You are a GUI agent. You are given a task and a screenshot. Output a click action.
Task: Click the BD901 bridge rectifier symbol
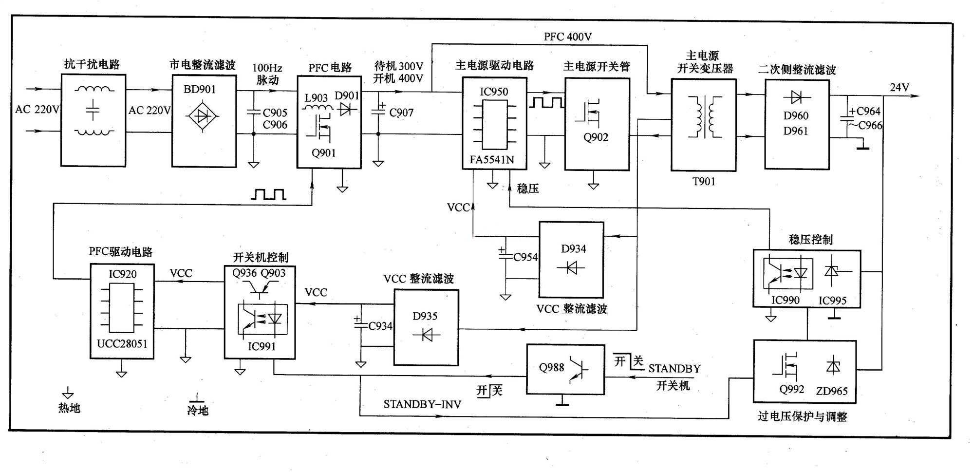pyautogui.click(x=203, y=116)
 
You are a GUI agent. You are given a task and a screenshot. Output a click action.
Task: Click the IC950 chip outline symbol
pyautogui.click(x=494, y=125)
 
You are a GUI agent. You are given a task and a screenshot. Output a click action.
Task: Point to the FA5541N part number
pyautogui.click(x=492, y=160)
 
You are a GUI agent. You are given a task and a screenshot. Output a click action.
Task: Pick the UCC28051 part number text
pyautogui.click(x=122, y=343)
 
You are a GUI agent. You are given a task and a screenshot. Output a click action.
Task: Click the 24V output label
pyautogui.click(x=899, y=88)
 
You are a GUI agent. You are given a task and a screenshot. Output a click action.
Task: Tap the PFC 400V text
pyautogui.click(x=568, y=37)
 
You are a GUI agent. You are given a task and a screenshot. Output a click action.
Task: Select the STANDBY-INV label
pyautogui.click(x=422, y=404)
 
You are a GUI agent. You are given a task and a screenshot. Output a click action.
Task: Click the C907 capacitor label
pyautogui.click(x=401, y=113)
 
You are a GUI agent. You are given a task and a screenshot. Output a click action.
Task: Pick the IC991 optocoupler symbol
pyautogui.click(x=262, y=319)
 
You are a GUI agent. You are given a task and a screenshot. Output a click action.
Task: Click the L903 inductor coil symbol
pyautogui.click(x=316, y=108)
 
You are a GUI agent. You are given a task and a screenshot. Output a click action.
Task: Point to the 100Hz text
pyautogui.click(x=267, y=68)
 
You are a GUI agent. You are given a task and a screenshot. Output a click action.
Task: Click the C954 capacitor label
pyautogui.click(x=525, y=257)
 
